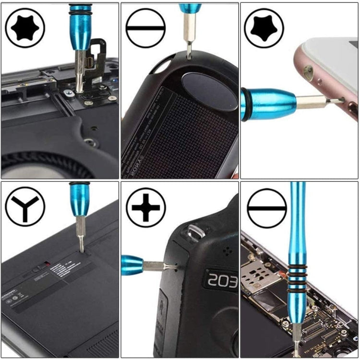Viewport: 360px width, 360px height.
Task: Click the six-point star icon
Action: pos(25,28)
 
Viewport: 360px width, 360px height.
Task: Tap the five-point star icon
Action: pos(264,28)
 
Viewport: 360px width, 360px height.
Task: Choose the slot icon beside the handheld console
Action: pos(145,28)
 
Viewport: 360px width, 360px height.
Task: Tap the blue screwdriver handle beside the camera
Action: pos(132,265)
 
